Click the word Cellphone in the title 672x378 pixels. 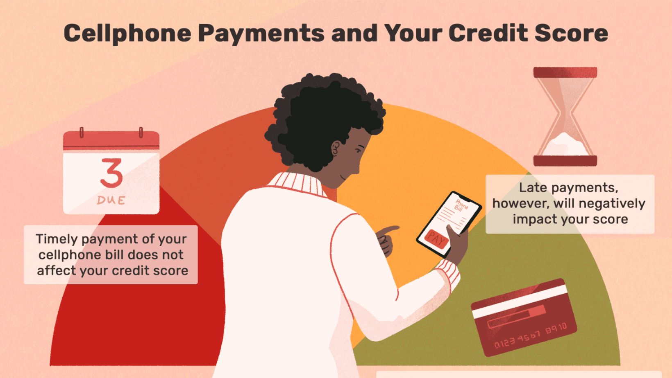click(127, 33)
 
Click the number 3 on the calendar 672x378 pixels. click(111, 173)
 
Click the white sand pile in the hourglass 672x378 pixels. click(565, 145)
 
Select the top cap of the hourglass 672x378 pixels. click(565, 72)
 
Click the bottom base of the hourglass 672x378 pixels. click(565, 161)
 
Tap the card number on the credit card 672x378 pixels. click(530, 335)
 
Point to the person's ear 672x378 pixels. click(336, 148)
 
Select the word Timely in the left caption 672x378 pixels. click(57, 239)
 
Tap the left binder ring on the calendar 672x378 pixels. click(81, 133)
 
